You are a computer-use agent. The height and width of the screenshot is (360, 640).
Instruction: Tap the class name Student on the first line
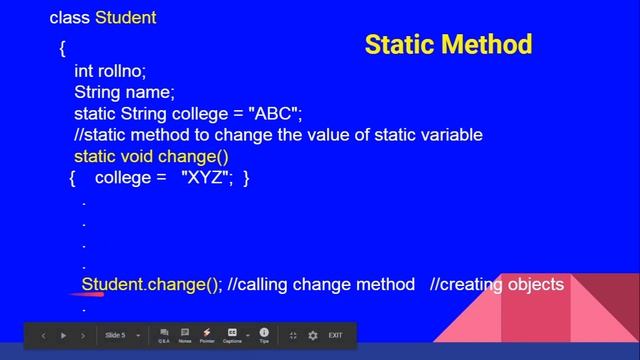pyautogui.click(x=126, y=18)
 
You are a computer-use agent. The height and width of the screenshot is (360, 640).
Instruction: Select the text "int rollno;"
pyautogui.click(x=110, y=71)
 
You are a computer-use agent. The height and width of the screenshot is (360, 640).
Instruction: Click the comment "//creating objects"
pyautogui.click(x=497, y=285)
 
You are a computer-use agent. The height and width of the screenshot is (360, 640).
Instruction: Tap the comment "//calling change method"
pyautogui.click(x=321, y=285)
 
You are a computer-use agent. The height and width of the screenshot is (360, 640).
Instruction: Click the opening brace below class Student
pyautogui.click(x=62, y=47)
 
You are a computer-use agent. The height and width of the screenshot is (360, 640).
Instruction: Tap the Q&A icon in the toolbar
pyautogui.click(x=164, y=335)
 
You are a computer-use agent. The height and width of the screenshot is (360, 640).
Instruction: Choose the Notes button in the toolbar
pyautogui.click(x=185, y=335)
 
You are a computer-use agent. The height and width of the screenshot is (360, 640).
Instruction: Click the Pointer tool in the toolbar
pyautogui.click(x=207, y=335)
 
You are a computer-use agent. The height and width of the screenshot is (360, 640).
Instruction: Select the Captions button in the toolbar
pyautogui.click(x=232, y=335)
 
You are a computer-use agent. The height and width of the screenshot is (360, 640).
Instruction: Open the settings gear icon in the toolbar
pyautogui.click(x=313, y=336)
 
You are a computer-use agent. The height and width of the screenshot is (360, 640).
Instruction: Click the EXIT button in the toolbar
pyautogui.click(x=335, y=336)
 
